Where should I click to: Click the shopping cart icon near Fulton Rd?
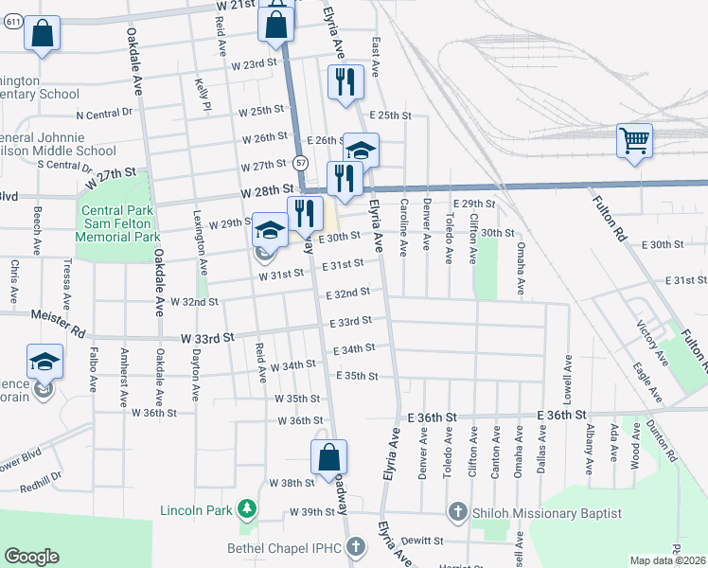(634, 141)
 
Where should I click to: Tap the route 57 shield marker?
(299, 162)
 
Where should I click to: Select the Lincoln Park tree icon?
(247, 510)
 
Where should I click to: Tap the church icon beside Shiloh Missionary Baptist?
(457, 513)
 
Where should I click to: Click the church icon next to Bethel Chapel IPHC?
(355, 546)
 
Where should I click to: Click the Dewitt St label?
(422, 541)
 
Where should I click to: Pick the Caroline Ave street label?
(402, 228)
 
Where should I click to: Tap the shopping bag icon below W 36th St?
(328, 456)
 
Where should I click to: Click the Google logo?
(31, 557)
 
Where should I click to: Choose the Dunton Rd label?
(664, 441)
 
